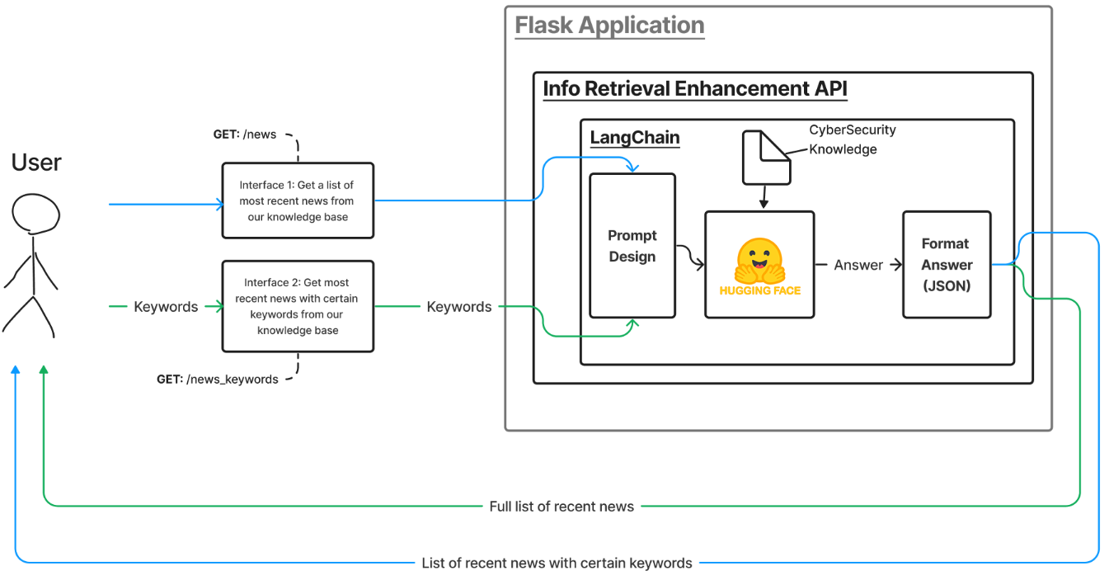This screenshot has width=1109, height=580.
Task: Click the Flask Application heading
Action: tap(609, 26)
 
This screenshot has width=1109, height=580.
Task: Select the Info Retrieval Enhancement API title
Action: tap(694, 89)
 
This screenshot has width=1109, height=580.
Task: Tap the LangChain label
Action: tap(635, 137)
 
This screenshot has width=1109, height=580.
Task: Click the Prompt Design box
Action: tap(632, 246)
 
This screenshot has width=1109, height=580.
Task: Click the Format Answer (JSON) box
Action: tap(947, 264)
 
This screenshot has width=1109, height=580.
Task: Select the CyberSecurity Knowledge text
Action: tap(852, 139)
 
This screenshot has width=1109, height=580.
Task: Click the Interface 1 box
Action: tap(297, 201)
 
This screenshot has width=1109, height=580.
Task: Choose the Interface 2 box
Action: tap(297, 306)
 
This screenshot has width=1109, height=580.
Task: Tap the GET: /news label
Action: tap(245, 134)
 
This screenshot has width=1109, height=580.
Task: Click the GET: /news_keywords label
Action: tap(218, 380)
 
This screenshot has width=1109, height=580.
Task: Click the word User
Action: tap(36, 163)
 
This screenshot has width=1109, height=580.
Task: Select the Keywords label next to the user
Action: tap(166, 307)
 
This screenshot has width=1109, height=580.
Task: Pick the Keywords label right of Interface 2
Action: tap(459, 307)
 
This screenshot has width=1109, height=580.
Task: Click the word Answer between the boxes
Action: tap(858, 265)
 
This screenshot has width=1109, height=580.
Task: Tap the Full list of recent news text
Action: tap(562, 506)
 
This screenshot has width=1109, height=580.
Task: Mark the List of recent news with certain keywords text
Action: tap(557, 563)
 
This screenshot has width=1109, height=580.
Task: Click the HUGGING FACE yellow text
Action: tap(759, 290)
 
